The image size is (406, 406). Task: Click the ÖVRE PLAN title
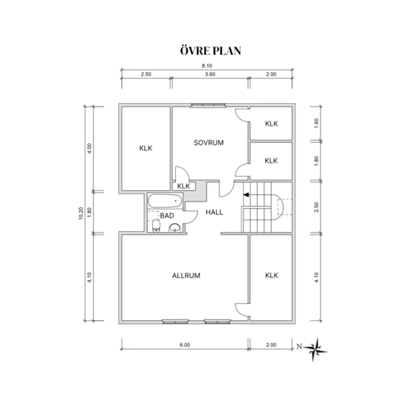(x=211, y=50)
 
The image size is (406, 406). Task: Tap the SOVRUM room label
(x=209, y=143)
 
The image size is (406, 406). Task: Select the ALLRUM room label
(x=186, y=276)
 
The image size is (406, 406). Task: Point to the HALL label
(x=214, y=212)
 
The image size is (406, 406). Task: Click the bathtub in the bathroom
(x=165, y=201)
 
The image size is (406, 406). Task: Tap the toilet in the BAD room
(x=156, y=225)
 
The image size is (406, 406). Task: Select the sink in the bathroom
(x=175, y=228)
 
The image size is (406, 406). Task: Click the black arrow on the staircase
(x=246, y=195)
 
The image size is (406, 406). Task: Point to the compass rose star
(x=315, y=349)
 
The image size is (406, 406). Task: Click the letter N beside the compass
(x=299, y=346)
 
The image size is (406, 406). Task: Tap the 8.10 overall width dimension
(x=207, y=66)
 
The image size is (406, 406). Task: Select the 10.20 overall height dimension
(x=81, y=214)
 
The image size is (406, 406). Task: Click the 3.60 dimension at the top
(x=210, y=74)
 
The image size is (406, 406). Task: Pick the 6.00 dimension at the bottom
(x=185, y=345)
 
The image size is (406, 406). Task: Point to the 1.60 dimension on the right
(x=316, y=123)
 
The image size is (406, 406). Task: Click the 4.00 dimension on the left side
(x=90, y=148)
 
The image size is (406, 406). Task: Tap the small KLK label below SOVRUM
(x=184, y=186)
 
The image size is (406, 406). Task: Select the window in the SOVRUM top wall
(x=208, y=105)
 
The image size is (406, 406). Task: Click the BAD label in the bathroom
(x=167, y=216)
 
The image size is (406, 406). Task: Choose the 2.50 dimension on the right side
(x=316, y=207)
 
